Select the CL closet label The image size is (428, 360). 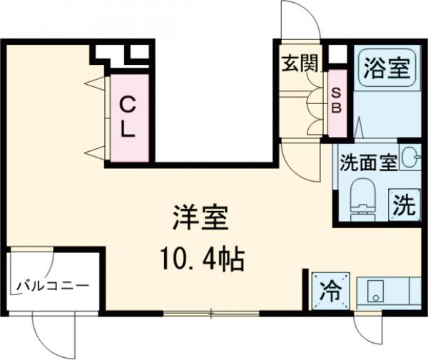128,118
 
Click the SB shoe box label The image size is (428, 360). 337,100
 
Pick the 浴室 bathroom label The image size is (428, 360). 386,69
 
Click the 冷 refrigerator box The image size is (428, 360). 330,291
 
